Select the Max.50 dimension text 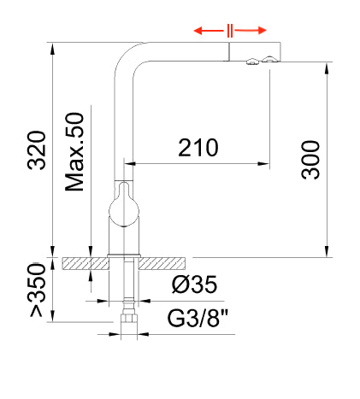pos(76,151)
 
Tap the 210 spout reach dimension pos(198,148)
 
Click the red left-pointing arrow pos(209,32)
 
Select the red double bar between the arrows pos(230,32)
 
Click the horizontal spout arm pos(197,52)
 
